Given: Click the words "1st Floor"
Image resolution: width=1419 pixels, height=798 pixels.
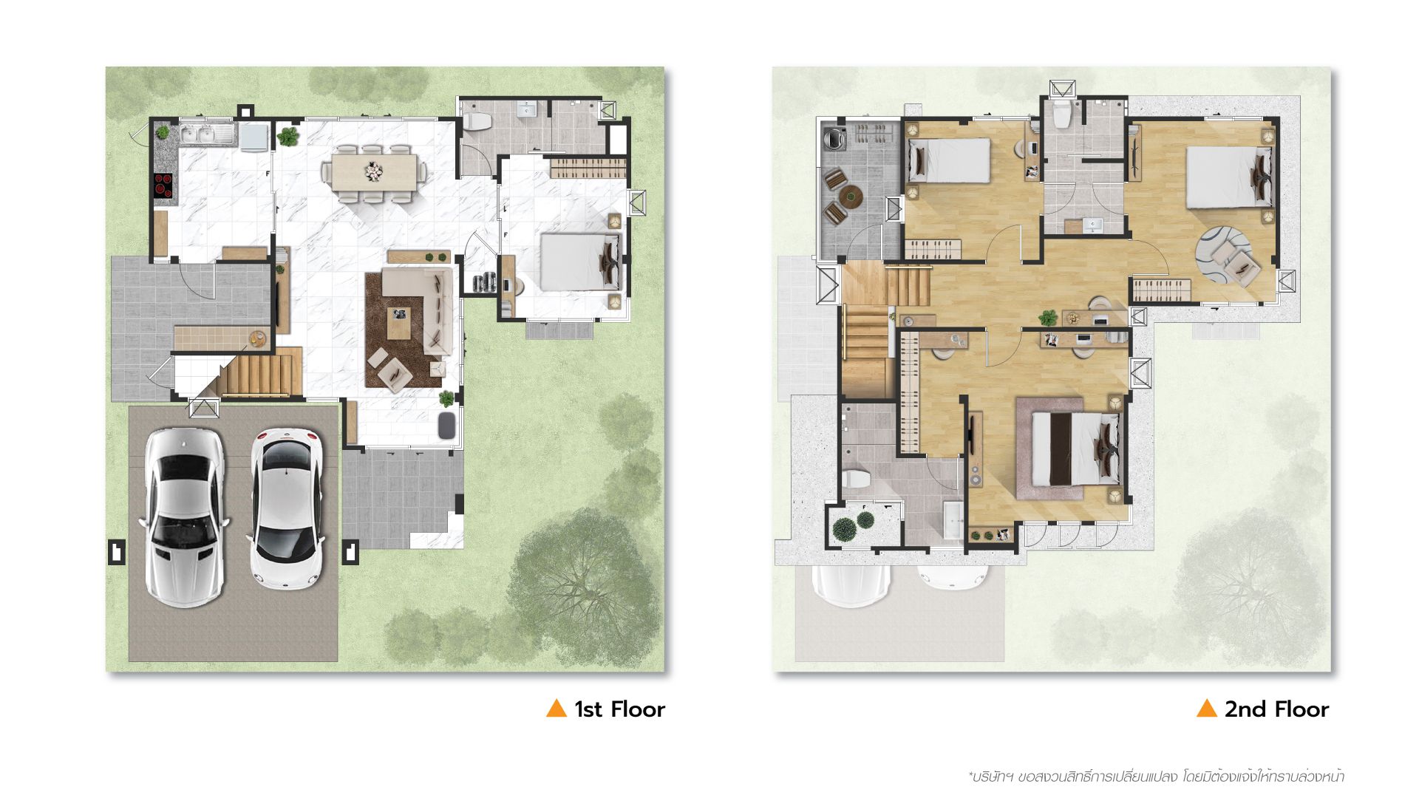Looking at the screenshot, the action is tap(619, 709).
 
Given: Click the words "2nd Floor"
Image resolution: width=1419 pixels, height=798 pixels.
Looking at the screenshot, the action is tap(1276, 709).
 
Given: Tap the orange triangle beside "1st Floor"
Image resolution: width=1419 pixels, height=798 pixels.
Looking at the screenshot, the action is tap(556, 708).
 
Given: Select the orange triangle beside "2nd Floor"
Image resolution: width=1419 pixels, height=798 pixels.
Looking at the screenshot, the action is tap(1206, 708).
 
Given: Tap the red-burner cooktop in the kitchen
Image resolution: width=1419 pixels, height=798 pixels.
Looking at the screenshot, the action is tap(163, 185).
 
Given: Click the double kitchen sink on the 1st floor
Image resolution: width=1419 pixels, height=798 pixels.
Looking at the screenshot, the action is tap(206, 135).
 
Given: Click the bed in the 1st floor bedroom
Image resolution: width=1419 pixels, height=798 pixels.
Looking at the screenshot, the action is tap(579, 262).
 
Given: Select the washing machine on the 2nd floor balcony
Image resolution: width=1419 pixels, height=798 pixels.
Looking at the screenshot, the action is tap(834, 138).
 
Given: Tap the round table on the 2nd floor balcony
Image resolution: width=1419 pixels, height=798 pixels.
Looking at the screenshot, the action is tap(850, 197).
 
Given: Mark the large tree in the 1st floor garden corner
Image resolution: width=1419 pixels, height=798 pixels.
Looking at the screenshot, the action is tap(584, 584).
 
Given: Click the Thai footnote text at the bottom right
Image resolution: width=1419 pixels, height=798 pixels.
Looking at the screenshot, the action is tap(1156, 777).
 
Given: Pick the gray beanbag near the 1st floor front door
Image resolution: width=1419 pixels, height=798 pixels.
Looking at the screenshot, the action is tap(448, 426).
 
